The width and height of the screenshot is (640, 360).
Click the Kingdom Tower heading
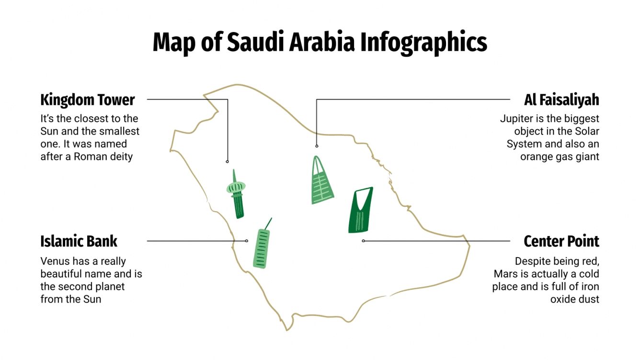(88, 100)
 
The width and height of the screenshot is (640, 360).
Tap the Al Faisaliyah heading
(561, 100)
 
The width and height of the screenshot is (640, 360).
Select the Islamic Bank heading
(79, 241)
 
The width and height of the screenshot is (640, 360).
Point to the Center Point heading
(561, 241)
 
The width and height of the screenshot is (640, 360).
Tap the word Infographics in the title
(424, 42)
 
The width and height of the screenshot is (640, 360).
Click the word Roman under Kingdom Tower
(89, 157)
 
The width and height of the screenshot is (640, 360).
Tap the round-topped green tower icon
(237, 194)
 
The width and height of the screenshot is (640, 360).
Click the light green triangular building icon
(321, 181)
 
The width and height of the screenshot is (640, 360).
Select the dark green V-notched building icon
(360, 210)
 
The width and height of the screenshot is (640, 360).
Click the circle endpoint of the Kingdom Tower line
(228, 161)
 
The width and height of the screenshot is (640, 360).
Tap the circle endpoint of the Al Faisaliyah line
(317, 146)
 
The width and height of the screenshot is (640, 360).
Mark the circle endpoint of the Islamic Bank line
(247, 241)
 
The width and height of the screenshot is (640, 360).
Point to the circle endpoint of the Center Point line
(363, 241)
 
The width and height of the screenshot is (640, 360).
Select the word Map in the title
(174, 42)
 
